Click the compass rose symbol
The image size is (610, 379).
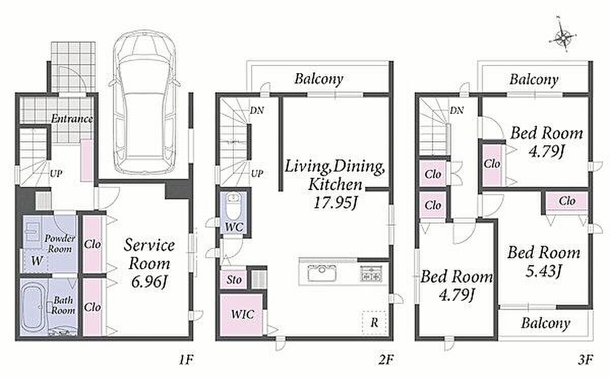click(x=563, y=38)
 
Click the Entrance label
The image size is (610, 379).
click(x=72, y=119)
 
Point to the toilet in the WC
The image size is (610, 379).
click(x=233, y=206)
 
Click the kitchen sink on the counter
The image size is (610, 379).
click(x=322, y=273)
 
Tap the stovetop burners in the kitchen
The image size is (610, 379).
click(x=371, y=273)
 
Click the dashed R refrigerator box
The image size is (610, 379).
click(x=374, y=323)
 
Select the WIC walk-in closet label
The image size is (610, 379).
click(x=242, y=314)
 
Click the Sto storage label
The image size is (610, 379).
click(x=234, y=280)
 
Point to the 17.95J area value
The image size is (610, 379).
click(x=334, y=203)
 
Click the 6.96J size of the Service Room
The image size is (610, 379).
click(x=148, y=282)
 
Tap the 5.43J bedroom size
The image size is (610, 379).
click(x=543, y=271)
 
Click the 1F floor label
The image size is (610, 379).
click(x=186, y=360)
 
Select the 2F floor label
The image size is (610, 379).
click(x=386, y=360)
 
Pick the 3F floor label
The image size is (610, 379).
click(x=586, y=360)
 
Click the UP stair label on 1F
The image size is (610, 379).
click(x=56, y=174)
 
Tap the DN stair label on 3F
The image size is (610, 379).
click(x=456, y=110)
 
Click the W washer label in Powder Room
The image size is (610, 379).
click(x=37, y=261)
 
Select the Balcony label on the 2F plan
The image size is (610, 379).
click(x=319, y=79)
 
